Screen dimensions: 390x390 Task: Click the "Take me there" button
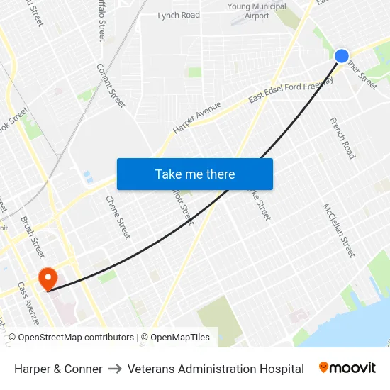[195, 174]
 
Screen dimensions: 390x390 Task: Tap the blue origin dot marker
[341, 55]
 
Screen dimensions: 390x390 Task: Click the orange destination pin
[48, 278]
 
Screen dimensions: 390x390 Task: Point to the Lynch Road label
[179, 15]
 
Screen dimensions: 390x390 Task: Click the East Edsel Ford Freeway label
[290, 91]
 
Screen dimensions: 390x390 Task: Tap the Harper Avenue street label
[197, 118]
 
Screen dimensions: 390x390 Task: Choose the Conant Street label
[111, 85]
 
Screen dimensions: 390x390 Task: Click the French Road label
[342, 138]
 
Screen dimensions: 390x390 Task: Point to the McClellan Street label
[338, 230]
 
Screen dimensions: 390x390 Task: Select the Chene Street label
[118, 217]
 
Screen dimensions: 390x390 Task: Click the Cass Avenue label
[28, 303]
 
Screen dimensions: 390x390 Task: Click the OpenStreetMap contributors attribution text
[76, 338]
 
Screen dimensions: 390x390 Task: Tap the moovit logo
[347, 367]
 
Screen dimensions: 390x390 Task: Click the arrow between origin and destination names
[115, 369]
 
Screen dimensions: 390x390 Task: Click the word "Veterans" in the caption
[150, 369]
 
